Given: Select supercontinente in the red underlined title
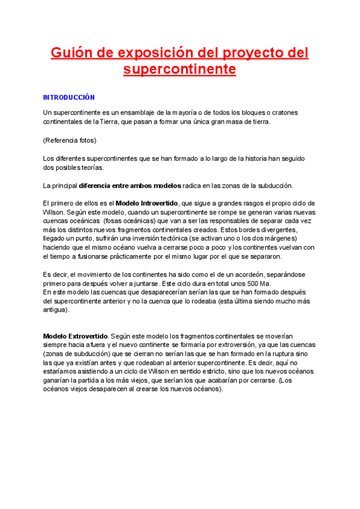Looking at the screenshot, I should click(x=179, y=70).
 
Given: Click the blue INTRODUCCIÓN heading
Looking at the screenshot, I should click(x=69, y=97).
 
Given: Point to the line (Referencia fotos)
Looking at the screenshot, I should click(x=70, y=140).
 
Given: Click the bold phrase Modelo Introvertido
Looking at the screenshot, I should click(x=146, y=203).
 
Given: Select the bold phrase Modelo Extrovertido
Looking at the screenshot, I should click(x=75, y=336).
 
